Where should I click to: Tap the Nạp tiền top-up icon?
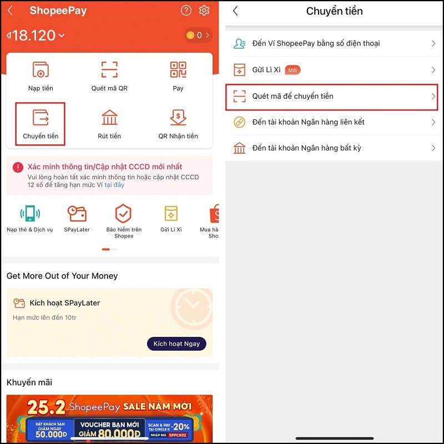point(41,70)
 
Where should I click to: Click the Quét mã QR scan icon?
point(109,70)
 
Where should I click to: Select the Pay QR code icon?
point(178,70)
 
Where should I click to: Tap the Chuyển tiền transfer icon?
point(41,118)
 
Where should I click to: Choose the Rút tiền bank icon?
point(109,118)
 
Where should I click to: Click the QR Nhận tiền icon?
point(178,118)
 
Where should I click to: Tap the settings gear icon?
point(204,11)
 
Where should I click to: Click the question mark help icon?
point(186,11)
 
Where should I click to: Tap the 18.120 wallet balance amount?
point(34,36)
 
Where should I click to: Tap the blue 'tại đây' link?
point(114,185)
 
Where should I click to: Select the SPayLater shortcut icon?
point(77,214)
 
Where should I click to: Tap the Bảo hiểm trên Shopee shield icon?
point(123,214)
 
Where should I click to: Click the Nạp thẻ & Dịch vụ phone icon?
point(29,214)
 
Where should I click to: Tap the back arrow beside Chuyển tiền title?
point(235,11)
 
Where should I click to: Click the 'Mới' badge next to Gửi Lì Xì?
point(292,70)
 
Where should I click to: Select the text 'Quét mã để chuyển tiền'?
point(292,96)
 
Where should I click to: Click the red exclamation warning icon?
point(18,167)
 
